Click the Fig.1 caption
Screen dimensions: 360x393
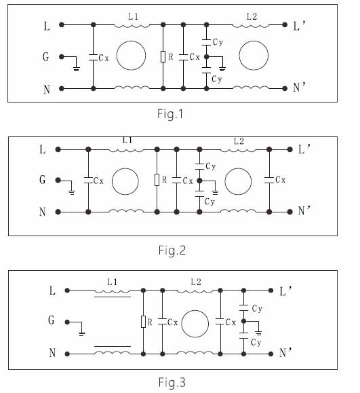coord(170,114)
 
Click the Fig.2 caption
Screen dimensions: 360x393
coord(172,250)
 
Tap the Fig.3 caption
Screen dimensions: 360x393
coord(172,382)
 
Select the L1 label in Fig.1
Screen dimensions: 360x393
coord(133,16)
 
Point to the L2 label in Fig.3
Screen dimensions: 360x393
coord(196,282)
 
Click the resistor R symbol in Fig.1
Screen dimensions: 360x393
coord(163,56)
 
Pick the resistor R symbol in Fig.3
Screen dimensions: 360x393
coord(143,322)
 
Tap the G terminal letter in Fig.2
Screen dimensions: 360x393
coord(43,180)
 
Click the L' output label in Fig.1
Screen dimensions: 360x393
coord(299,26)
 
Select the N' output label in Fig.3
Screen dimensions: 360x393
coord(285,353)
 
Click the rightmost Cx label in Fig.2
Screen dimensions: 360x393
coord(280,180)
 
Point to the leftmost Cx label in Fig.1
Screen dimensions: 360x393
coord(104,58)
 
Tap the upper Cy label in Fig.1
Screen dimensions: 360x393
coord(218,42)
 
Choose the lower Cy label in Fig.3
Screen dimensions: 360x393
coord(256,342)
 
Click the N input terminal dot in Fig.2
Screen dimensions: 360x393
coord(58,212)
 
